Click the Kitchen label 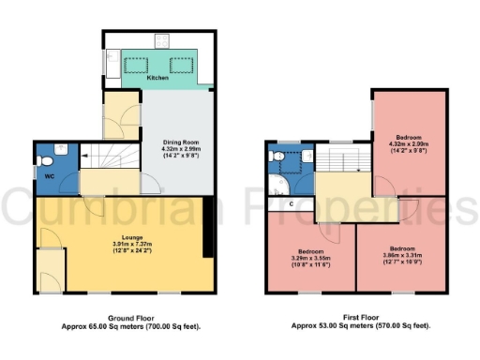pos(157,78)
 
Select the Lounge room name pos(119,240)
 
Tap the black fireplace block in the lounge pos(206,229)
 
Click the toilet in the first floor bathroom pos(276,158)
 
